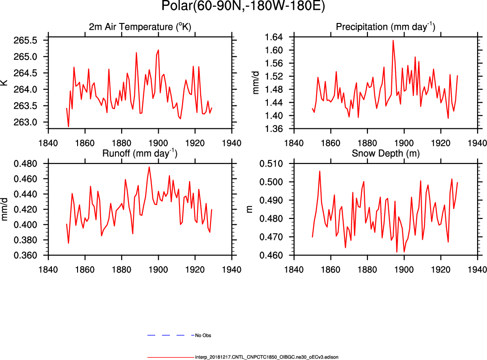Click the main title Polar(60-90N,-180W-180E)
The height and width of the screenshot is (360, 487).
(243, 7)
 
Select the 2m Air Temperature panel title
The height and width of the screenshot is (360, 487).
(140, 27)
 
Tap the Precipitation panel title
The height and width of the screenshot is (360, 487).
(386, 27)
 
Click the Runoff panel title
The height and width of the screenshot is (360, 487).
(140, 153)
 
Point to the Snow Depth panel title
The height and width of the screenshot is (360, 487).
(386, 153)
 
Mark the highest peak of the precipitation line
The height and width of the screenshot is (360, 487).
(393, 40)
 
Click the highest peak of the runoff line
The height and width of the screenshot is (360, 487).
(149, 167)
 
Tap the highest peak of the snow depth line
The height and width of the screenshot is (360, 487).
(320, 171)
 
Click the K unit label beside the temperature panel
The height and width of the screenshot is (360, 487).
(5, 83)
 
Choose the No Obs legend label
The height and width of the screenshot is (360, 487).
(203, 336)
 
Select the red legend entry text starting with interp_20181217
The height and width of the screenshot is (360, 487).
(266, 357)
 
